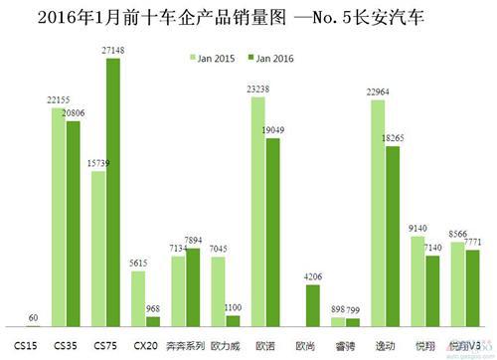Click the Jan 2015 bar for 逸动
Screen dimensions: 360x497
379,214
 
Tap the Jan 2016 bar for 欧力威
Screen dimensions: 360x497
233,321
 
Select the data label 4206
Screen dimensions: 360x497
312,277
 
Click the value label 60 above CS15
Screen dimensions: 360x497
34,318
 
